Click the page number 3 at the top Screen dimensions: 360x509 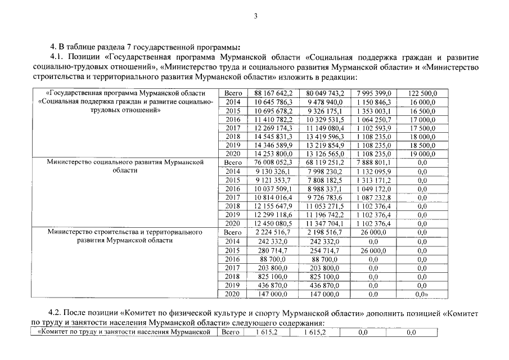pos(255,16)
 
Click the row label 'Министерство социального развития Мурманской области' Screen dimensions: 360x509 pos(125,166)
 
